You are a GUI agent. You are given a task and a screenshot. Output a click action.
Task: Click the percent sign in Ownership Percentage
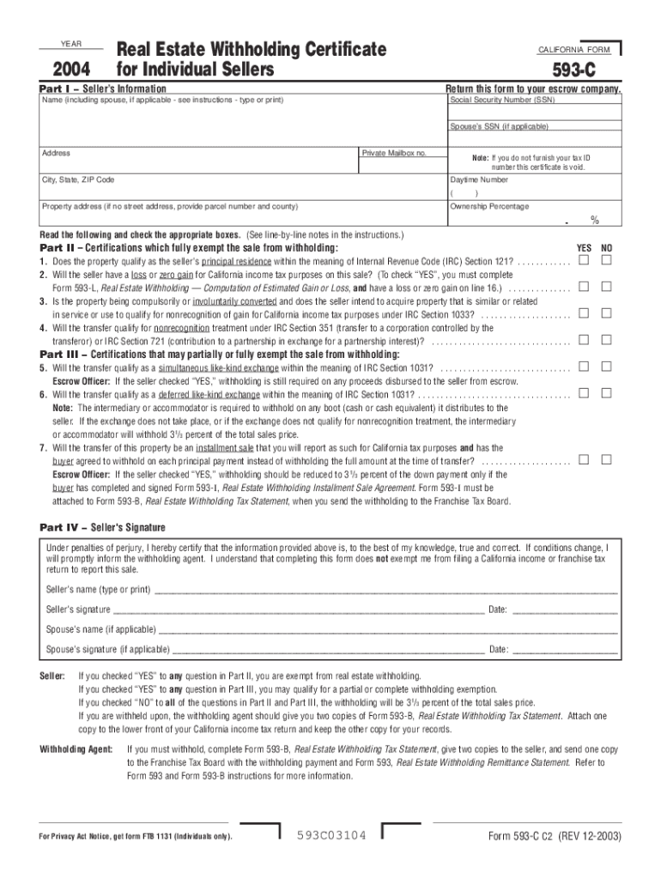tap(593, 221)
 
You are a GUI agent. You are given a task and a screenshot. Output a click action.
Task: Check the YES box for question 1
tap(583, 260)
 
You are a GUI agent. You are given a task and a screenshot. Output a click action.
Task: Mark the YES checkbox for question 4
tap(583, 340)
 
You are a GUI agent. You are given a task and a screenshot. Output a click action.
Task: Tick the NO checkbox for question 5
tap(606, 367)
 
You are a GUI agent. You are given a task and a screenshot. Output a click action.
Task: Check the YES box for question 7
tap(583, 459)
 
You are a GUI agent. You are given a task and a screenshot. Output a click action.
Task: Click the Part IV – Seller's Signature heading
tap(103, 527)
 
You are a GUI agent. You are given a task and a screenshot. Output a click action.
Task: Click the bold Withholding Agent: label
tap(76, 749)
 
